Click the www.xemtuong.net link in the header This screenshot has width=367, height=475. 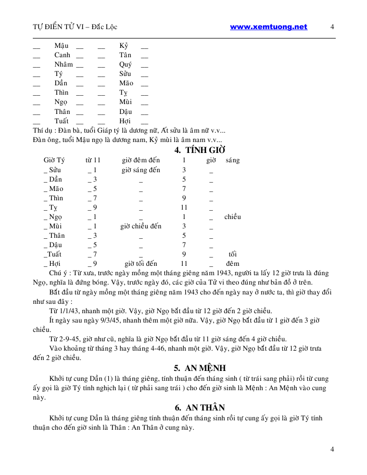coord(268,27)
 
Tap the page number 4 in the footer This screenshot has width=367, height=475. coord(332,449)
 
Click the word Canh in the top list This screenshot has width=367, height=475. coord(62,55)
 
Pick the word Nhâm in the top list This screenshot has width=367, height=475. coord(64,65)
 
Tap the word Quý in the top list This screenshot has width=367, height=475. coord(125,65)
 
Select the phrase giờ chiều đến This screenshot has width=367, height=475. coord(141,226)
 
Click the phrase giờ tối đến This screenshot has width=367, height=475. coord(141,264)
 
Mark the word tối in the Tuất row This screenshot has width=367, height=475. coord(232,254)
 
